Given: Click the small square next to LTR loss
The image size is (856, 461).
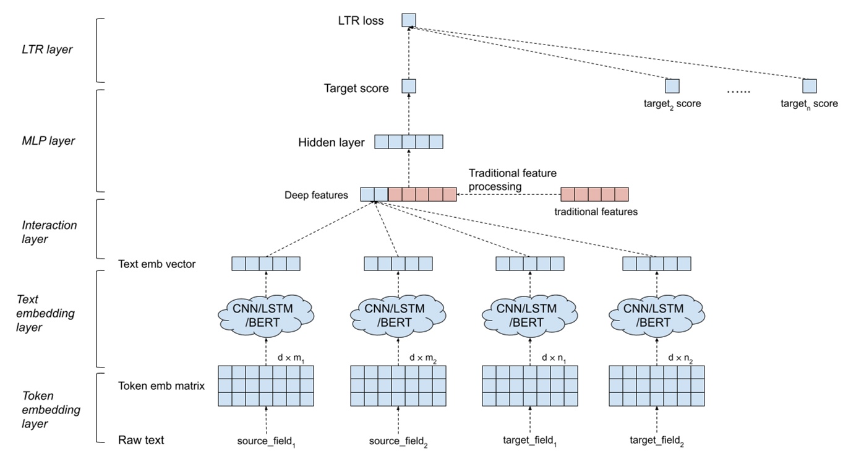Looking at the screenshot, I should click(x=408, y=20).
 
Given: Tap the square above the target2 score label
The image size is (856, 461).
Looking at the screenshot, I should click(x=672, y=86).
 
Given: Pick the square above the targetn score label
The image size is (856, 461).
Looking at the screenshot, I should click(x=809, y=86).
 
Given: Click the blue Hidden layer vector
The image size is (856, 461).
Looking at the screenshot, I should click(x=408, y=142).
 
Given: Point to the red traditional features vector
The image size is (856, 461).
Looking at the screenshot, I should click(x=594, y=195).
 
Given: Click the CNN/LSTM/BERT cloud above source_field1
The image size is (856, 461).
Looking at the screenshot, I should click(x=266, y=315).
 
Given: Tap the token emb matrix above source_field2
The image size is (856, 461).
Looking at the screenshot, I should click(x=398, y=386).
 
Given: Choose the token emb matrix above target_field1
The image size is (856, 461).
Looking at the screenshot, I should click(x=530, y=386).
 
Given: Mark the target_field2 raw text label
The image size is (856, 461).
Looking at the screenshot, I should click(x=656, y=442).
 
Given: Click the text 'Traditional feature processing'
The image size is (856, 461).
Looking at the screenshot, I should click(x=512, y=179).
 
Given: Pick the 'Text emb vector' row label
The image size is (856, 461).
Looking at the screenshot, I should click(x=156, y=264).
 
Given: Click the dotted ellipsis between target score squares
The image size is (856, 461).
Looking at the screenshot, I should click(x=738, y=91).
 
